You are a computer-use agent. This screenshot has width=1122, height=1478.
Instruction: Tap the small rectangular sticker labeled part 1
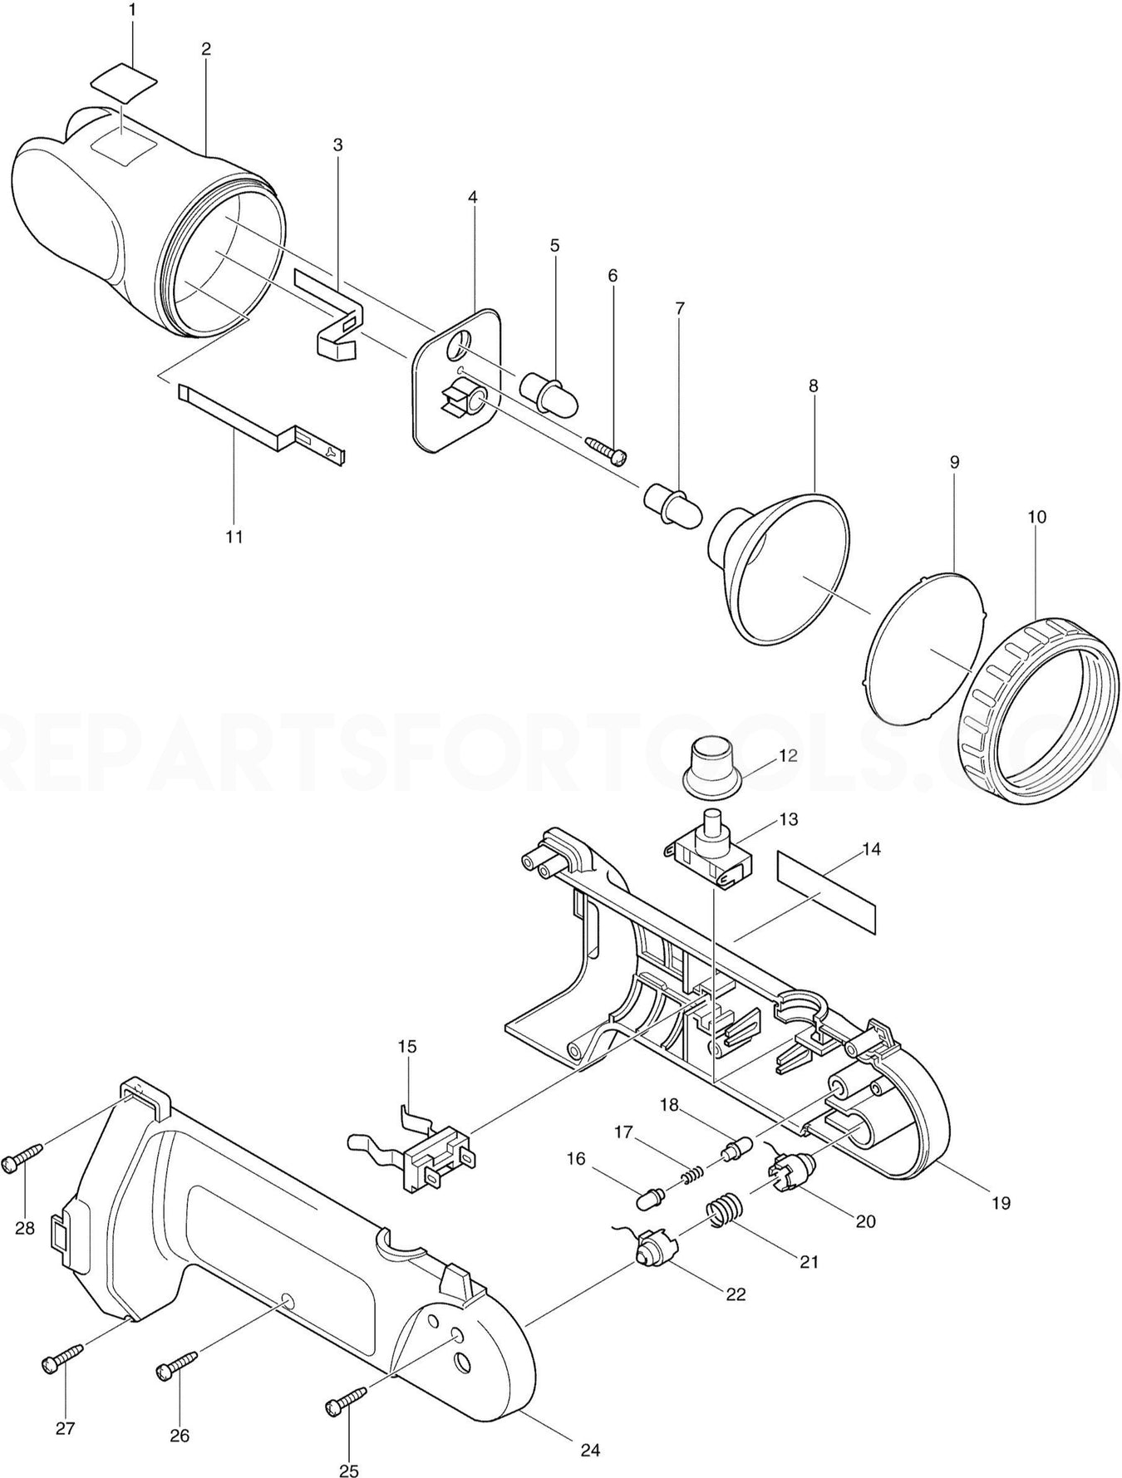click(124, 79)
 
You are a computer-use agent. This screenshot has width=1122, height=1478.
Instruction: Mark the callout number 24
click(589, 1451)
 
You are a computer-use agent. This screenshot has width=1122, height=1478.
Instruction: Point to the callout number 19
click(1001, 1202)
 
